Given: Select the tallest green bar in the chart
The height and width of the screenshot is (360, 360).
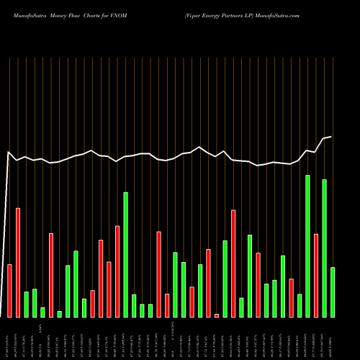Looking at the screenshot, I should click(x=307, y=246).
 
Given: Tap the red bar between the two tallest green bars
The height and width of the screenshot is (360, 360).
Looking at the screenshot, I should click(x=316, y=276).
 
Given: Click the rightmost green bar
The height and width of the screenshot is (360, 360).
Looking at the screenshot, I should click(x=333, y=292).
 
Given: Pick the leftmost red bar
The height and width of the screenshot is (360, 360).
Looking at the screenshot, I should click(x=10, y=291).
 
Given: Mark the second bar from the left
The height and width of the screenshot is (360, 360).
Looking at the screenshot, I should click(x=18, y=263).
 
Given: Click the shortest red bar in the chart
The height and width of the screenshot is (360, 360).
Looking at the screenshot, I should click(x=217, y=315).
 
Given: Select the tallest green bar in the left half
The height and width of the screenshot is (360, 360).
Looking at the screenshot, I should click(x=126, y=255).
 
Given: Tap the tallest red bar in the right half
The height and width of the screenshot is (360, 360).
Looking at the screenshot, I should click(x=233, y=264).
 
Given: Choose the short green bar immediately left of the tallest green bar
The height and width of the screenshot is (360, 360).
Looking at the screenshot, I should click(x=300, y=306).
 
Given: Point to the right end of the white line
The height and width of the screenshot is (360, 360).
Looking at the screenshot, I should click(x=331, y=137).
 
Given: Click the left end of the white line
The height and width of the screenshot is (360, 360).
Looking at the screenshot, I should click(x=9, y=153).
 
